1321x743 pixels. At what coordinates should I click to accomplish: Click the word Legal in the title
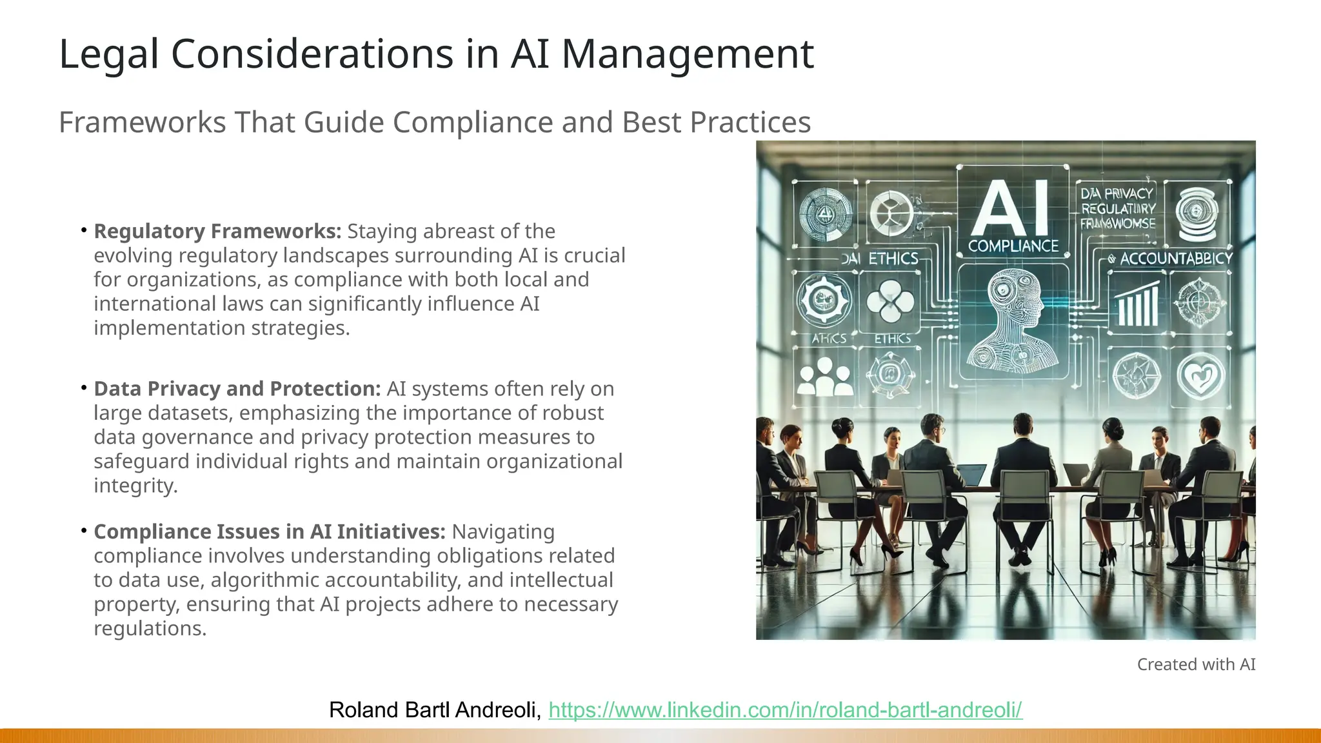(x=108, y=54)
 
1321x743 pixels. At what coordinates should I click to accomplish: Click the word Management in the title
(x=688, y=54)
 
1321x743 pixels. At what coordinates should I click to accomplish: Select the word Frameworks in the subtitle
(x=142, y=123)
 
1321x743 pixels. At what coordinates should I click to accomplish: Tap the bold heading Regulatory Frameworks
(x=217, y=232)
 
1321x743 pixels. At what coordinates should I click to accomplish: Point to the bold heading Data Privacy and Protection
(x=237, y=389)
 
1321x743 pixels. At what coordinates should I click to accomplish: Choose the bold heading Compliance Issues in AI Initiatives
(x=270, y=532)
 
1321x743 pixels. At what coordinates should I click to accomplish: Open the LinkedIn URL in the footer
(x=785, y=710)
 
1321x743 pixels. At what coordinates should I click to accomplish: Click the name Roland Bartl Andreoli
(x=434, y=710)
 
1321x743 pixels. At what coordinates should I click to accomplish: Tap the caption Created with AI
(x=1196, y=664)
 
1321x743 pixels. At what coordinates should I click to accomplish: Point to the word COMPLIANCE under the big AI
(x=1013, y=246)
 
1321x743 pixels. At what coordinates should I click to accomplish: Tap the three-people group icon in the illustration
(x=824, y=377)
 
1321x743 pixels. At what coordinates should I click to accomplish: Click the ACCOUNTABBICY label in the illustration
(x=1175, y=259)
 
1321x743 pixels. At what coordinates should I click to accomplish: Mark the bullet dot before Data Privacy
(x=84, y=388)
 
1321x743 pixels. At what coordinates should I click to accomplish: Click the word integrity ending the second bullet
(x=135, y=486)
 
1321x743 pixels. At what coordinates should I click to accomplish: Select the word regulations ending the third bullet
(x=150, y=629)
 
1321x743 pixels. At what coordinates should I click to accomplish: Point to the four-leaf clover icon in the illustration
(x=890, y=302)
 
